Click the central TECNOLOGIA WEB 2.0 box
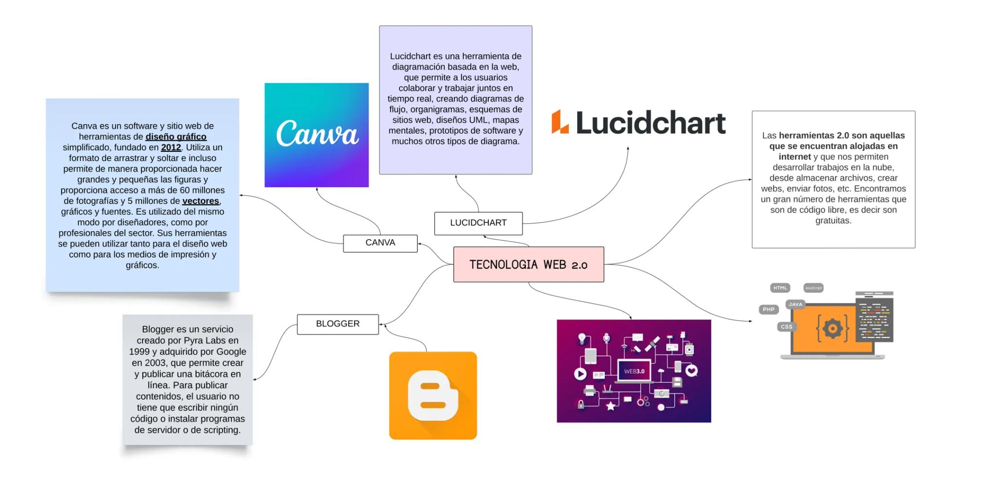[528, 265]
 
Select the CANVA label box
[380, 243]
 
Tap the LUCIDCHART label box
[478, 223]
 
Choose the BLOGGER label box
[338, 324]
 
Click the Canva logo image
[316, 135]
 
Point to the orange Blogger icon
[432, 395]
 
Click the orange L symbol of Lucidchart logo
[559, 122]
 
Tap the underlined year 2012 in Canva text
[171, 147]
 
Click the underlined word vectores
[200, 201]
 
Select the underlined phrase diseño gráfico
[176, 137]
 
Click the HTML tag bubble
[780, 288]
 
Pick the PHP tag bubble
[768, 309]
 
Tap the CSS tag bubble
[786, 327]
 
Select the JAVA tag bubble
[795, 304]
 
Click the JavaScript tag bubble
[813, 288]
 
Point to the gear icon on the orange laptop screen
[832, 329]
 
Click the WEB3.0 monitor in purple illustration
[634, 371]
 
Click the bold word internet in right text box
[794, 157]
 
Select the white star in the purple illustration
[610, 406]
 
